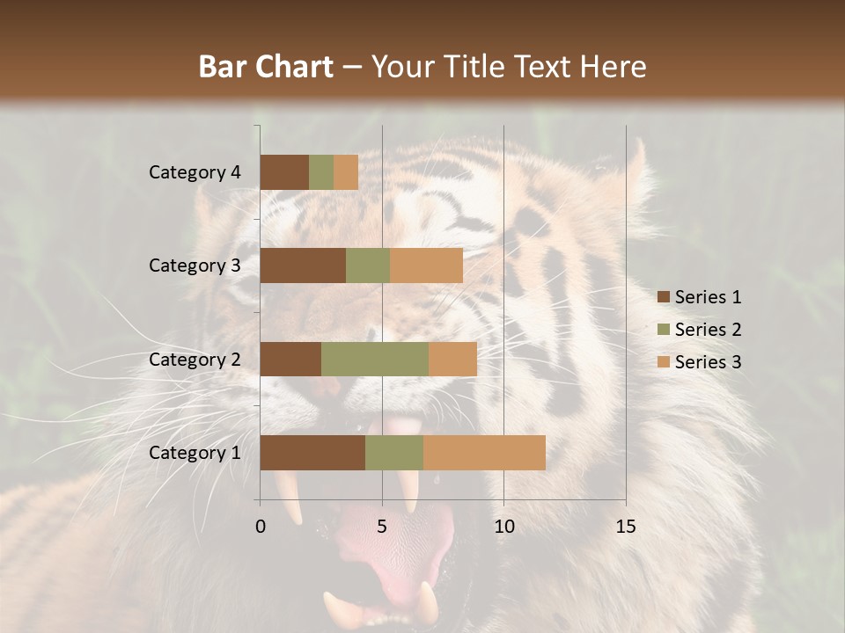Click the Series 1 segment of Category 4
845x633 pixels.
click(284, 172)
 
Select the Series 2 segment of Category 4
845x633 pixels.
click(321, 172)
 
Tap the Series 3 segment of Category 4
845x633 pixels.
click(346, 172)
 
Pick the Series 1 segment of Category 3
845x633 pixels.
click(303, 266)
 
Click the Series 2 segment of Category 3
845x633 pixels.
click(368, 266)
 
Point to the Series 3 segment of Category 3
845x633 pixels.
click(426, 266)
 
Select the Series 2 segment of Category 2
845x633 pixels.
click(375, 359)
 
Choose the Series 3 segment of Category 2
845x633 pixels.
click(452, 359)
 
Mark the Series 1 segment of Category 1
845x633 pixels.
click(312, 453)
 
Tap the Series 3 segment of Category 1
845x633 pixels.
click(484, 453)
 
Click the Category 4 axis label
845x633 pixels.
click(195, 172)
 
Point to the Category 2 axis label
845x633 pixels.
click(195, 360)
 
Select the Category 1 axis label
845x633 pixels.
click(195, 453)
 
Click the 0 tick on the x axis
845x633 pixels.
click(261, 527)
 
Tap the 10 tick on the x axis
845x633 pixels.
click(503, 527)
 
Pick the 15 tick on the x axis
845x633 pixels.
click(625, 527)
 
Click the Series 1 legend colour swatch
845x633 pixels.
click(663, 297)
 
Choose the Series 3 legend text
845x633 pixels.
click(708, 362)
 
